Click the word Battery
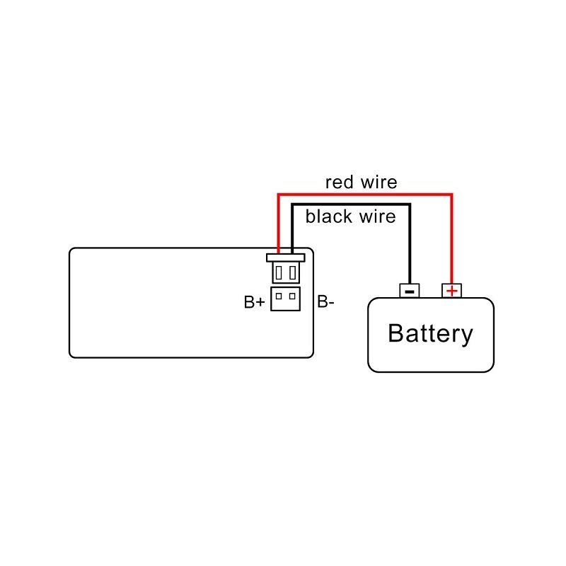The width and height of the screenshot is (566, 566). click(430, 333)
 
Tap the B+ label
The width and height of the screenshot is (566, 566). click(255, 303)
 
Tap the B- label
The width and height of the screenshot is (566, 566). click(325, 303)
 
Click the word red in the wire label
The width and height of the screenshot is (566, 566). click(339, 182)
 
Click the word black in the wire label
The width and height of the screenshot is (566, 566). click(328, 216)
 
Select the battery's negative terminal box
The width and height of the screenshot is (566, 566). click(410, 290)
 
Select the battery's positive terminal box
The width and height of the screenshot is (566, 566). click(451, 290)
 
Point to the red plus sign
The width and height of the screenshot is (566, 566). click(451, 290)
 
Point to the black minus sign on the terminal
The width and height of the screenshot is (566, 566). click(410, 290)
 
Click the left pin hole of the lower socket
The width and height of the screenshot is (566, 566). click(279, 296)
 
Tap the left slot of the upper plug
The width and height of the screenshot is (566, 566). click(280, 272)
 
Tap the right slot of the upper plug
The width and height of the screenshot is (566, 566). click(291, 272)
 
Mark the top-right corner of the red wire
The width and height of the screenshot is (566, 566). click(451, 192)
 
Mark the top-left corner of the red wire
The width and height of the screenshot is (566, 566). click(279, 192)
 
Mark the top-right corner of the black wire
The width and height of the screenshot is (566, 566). click(410, 205)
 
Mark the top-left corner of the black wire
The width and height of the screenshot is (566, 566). click(292, 205)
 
